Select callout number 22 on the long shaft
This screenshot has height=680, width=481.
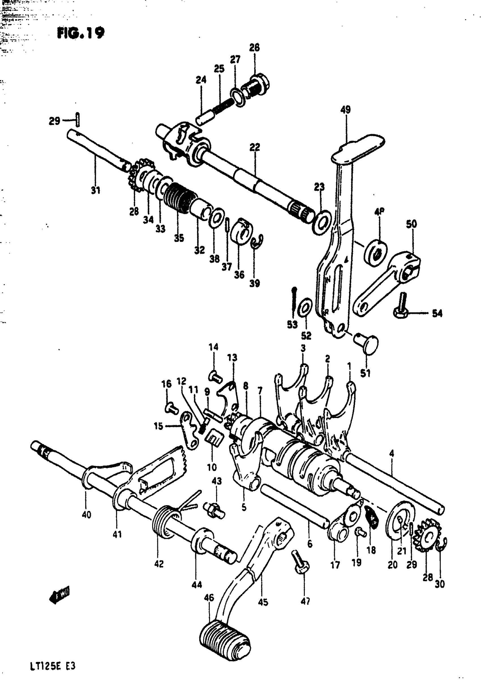point(254,147)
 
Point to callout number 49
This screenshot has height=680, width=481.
point(345,110)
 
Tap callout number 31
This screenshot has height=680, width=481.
point(95,190)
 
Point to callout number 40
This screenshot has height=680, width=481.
point(87,515)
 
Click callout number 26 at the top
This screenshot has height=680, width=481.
point(254,47)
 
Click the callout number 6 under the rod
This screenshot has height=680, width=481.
point(310,544)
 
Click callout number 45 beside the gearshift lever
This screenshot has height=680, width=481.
point(263,602)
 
